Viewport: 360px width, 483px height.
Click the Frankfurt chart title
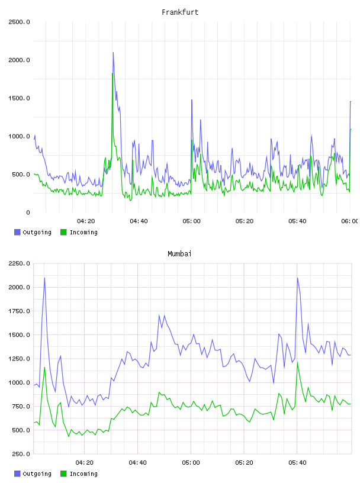180,12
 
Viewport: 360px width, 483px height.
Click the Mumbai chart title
179,254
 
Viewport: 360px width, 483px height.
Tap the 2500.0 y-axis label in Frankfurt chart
19,22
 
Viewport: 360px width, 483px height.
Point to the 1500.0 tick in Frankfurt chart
19,98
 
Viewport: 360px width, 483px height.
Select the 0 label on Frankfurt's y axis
28,212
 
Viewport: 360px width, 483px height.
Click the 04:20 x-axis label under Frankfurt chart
86,221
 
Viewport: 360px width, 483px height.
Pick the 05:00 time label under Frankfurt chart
191,221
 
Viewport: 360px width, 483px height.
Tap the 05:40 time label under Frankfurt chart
297,221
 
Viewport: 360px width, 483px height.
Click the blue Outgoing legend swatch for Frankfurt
17,232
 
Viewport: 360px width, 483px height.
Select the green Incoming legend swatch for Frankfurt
63,232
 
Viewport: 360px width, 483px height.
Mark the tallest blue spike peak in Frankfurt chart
113,52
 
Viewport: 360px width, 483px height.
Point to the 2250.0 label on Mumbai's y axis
19,263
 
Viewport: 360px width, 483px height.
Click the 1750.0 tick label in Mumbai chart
19,311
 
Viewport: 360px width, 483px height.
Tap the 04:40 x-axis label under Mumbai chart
137,463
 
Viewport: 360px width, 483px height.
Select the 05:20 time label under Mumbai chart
244,463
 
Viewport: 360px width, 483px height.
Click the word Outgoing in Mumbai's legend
37,474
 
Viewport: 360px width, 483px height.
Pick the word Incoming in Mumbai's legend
83,474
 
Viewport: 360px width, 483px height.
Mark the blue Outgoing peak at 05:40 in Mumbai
297,278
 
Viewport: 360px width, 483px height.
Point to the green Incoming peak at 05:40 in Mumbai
297,362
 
